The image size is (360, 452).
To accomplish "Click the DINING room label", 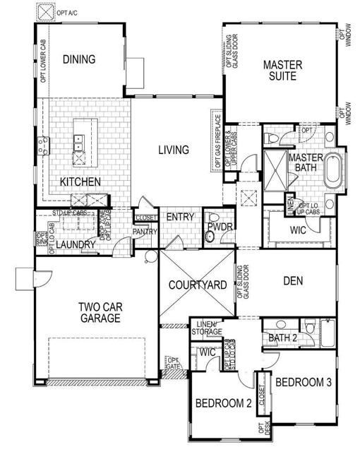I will point(78,59).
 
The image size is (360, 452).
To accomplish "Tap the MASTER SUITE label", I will point(283,71).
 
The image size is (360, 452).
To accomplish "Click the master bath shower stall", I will point(274,169).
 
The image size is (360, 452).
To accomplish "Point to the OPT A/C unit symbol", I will point(47,12).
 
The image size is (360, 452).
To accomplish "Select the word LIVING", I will point(173,150).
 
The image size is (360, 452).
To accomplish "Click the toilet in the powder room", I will point(211,239).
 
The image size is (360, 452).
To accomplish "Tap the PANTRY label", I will point(145,231).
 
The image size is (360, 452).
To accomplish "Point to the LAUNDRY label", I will point(76,244).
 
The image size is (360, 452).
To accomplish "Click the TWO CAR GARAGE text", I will point(99,312).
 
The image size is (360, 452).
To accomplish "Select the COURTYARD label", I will point(198,285).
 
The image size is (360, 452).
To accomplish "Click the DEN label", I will point(292,280).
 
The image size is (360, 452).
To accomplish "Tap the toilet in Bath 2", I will point(310,327).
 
